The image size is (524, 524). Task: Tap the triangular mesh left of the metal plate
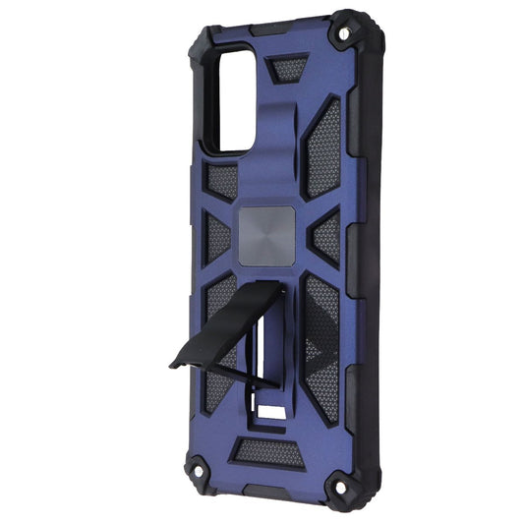215,235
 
